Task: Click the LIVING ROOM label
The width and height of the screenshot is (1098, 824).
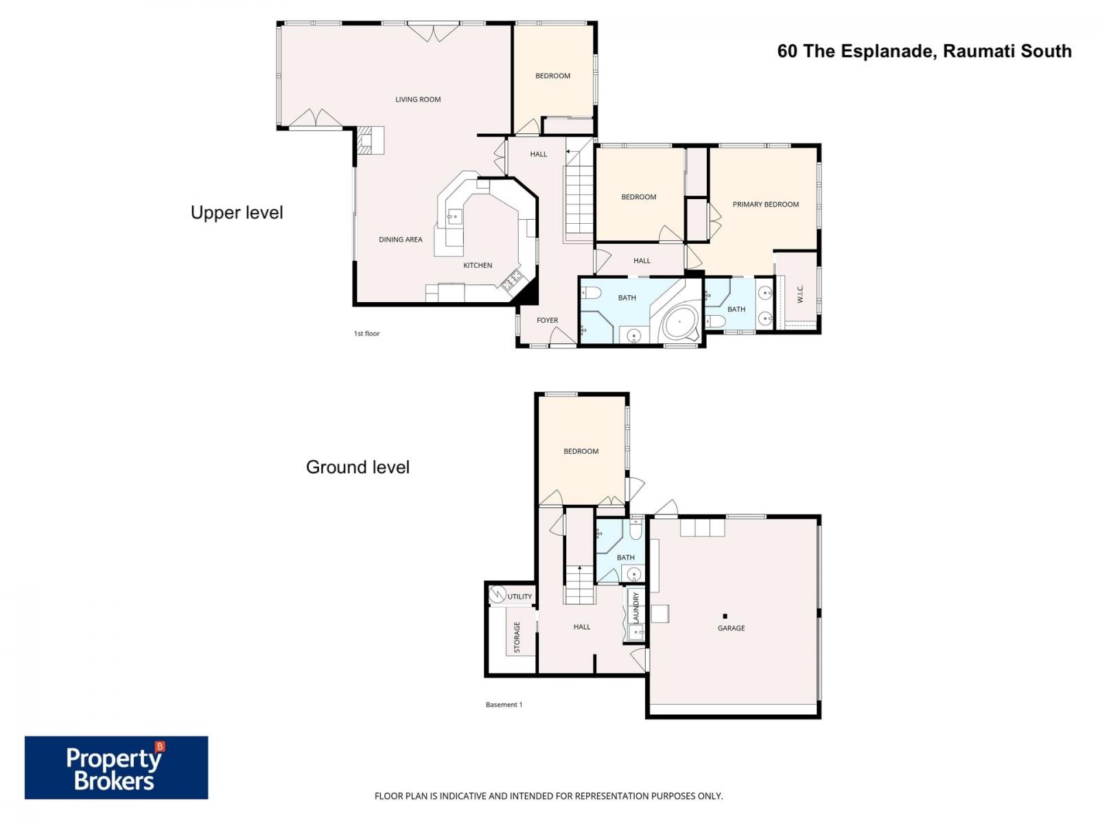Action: point(417,100)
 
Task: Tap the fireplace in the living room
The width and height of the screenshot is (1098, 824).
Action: point(369,141)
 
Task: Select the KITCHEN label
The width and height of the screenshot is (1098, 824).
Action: point(478,265)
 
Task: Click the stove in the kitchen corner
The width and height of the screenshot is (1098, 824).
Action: point(513,279)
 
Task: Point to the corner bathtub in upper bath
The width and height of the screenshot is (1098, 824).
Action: point(680,321)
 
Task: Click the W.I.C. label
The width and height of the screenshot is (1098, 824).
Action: point(800,294)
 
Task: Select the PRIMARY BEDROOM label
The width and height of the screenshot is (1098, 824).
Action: point(765,204)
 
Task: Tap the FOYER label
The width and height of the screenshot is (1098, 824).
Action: point(547,320)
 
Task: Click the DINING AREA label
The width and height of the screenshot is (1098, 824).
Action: point(400,240)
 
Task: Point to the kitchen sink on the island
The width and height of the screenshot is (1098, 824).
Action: point(454,217)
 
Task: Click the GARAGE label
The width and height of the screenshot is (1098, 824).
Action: point(731,628)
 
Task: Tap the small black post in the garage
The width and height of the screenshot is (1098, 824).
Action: point(725,616)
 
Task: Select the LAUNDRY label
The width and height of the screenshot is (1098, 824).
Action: point(636,607)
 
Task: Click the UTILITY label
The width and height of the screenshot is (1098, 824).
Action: point(519,596)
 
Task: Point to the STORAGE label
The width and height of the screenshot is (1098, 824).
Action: point(517,637)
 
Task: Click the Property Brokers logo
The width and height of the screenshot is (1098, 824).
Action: point(116,768)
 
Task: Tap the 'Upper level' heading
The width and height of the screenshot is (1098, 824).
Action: point(237,213)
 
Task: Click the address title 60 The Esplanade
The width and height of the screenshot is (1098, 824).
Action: point(924,51)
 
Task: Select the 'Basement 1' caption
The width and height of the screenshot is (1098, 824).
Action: point(504,705)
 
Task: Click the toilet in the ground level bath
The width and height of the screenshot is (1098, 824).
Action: point(635,530)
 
